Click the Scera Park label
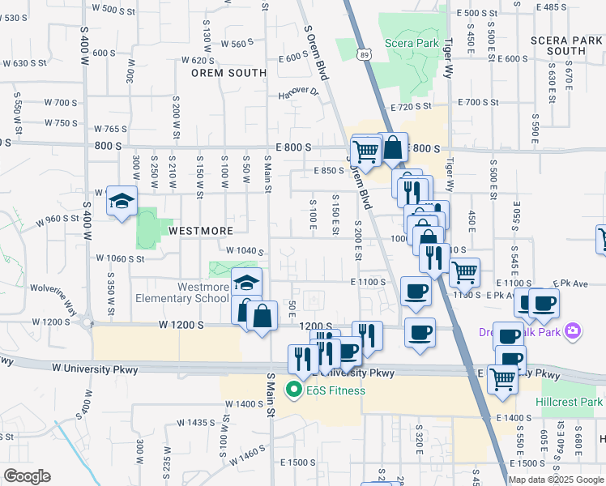click(x=412, y=43)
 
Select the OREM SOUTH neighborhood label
click(x=228, y=73)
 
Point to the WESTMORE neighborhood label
click(x=200, y=231)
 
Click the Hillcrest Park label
click(x=569, y=402)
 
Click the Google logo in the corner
click(x=27, y=476)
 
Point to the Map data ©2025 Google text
click(x=556, y=480)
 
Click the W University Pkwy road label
click(x=95, y=369)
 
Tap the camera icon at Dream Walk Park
click(x=574, y=330)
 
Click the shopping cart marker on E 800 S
click(x=366, y=150)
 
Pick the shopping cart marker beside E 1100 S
click(x=464, y=272)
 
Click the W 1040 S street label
click(x=245, y=251)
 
